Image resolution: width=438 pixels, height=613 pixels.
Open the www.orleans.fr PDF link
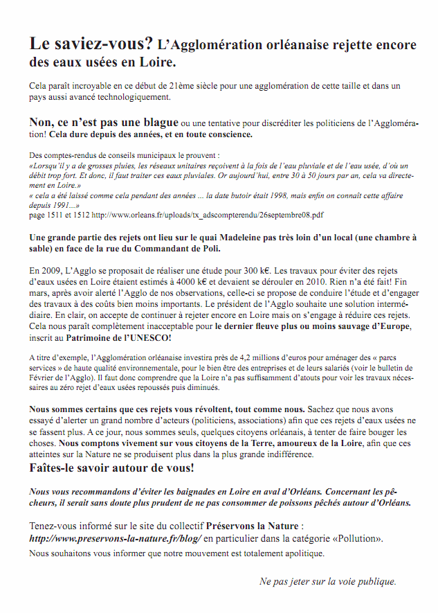tap(208, 215)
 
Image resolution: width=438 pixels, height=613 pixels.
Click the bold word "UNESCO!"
tap(148, 337)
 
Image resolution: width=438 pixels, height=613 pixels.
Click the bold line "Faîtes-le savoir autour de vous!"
tap(111, 468)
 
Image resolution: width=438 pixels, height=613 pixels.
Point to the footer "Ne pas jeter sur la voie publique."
tap(328, 581)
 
